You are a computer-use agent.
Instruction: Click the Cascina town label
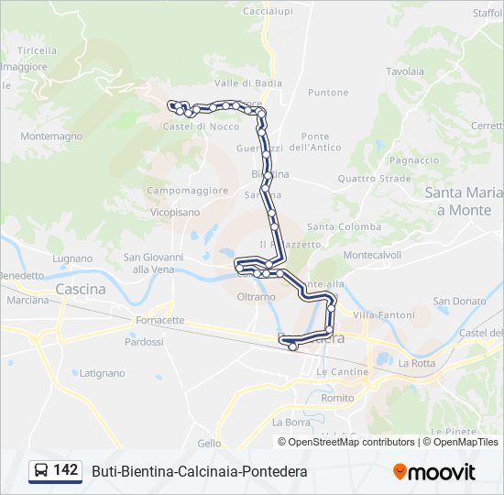pos(81,289)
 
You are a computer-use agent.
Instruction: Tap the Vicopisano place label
pos(173,211)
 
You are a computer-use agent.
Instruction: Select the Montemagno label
pos(51,136)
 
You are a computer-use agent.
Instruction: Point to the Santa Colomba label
pos(344,226)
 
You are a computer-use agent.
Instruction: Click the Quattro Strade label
pos(374,179)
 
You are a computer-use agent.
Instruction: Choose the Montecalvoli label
pos(372,255)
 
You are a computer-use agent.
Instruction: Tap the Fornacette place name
pos(159,321)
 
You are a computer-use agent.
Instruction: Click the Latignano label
pos(102,373)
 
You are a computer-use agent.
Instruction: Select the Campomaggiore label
pos(188,191)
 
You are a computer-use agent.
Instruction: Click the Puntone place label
pos(328,93)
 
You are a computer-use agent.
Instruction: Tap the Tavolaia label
pos(404,71)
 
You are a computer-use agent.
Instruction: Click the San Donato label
pos(459,301)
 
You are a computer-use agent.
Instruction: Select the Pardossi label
pos(144,342)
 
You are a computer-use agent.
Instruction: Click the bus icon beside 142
pos(40,471)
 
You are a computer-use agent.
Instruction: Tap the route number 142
pos(66,470)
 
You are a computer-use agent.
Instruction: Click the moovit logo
pos(434,472)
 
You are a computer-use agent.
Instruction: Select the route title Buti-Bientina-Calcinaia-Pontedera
pos(199,471)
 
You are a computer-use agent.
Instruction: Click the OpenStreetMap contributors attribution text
pos(350,442)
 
